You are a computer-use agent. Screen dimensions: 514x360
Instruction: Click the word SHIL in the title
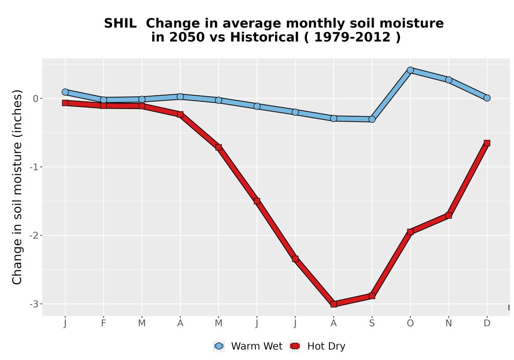[x=120, y=24]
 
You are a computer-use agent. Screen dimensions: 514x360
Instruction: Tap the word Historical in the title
[x=264, y=37]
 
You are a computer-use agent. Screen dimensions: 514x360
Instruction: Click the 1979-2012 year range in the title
[x=353, y=37]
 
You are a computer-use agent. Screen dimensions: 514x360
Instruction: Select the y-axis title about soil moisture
[x=17, y=187]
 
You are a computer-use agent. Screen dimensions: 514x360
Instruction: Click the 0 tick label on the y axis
[x=36, y=98]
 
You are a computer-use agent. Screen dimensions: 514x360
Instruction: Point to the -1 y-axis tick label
[x=34, y=167]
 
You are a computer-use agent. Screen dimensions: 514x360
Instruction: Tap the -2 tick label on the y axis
[x=34, y=236]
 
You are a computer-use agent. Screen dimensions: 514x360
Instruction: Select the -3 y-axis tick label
[x=34, y=304]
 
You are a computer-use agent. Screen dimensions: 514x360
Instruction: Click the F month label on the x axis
[x=103, y=323]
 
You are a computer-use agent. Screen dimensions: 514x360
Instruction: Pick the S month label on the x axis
[x=372, y=323]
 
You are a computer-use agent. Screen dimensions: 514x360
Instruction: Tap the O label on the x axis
[x=410, y=323]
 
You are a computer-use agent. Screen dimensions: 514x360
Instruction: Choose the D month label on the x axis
[x=487, y=323]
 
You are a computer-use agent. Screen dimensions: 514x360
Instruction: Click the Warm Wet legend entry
[x=248, y=346]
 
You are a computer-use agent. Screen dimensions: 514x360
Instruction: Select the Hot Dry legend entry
[x=317, y=346]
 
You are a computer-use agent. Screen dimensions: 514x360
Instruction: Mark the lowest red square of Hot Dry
[x=334, y=304]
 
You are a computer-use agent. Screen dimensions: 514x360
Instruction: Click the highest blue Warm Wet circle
[x=410, y=70]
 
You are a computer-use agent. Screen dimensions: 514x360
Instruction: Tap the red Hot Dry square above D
[x=487, y=143]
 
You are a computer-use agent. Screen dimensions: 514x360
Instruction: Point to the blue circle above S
[x=372, y=119]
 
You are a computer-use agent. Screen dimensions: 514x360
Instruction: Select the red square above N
[x=448, y=215]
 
